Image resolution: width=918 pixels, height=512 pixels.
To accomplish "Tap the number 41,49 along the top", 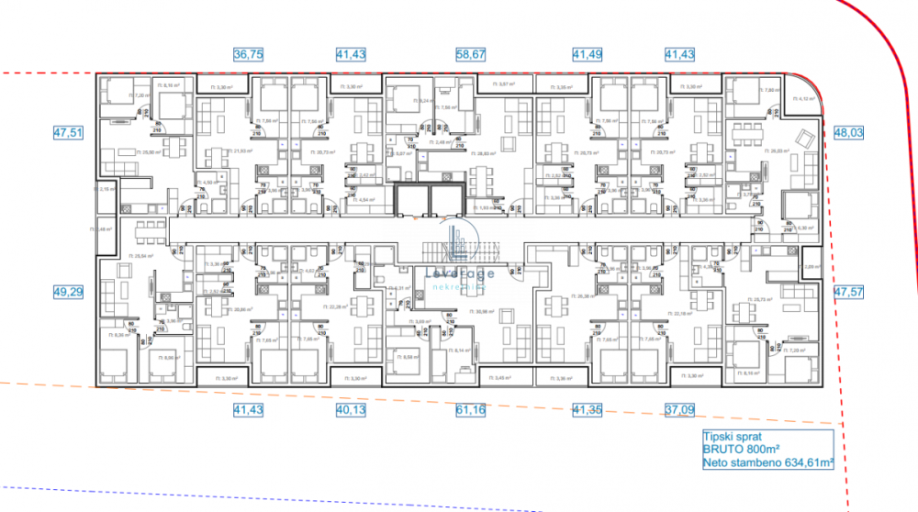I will point(588,55).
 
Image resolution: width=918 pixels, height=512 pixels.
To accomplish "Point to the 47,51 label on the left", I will point(68,132).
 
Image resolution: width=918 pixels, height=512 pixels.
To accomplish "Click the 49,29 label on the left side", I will point(68,292).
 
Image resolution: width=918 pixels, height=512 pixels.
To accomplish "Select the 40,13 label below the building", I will point(351,410).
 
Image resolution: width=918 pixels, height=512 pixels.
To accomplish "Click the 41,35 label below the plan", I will point(588,410).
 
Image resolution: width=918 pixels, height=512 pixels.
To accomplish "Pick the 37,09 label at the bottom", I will point(680,410).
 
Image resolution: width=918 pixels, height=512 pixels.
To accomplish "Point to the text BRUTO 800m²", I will point(742,451).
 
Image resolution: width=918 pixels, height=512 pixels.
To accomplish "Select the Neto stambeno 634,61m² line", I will point(767,463).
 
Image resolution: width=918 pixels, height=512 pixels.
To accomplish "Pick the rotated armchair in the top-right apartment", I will point(804,139).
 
